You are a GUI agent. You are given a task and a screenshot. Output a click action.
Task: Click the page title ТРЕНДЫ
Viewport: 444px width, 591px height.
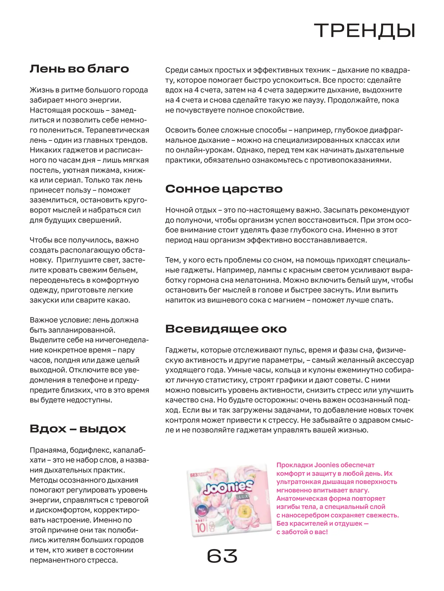(x=364, y=31)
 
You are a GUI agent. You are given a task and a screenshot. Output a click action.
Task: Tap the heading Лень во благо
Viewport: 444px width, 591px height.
(x=79, y=69)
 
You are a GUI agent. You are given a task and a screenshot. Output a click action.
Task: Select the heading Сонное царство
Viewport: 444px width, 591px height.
(x=224, y=189)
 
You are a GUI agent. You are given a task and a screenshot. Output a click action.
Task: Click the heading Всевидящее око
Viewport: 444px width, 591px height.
(x=226, y=329)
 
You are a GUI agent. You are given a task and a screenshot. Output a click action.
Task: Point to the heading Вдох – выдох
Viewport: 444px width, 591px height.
(x=78, y=428)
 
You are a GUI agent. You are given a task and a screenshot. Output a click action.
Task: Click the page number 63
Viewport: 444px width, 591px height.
(x=222, y=556)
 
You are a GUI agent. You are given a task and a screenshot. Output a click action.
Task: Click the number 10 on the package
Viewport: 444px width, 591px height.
(x=201, y=528)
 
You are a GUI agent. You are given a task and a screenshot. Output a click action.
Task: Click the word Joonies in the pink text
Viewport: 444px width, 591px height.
(x=326, y=465)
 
